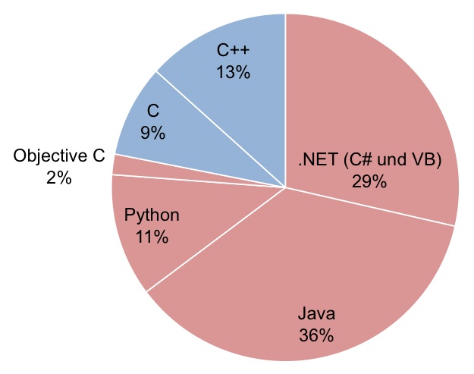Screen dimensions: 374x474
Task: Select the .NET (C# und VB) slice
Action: (379, 114)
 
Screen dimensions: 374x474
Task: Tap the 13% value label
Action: (233, 73)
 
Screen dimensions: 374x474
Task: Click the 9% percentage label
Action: (152, 133)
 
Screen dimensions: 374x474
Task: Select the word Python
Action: (152, 215)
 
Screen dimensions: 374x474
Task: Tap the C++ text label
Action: (233, 52)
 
